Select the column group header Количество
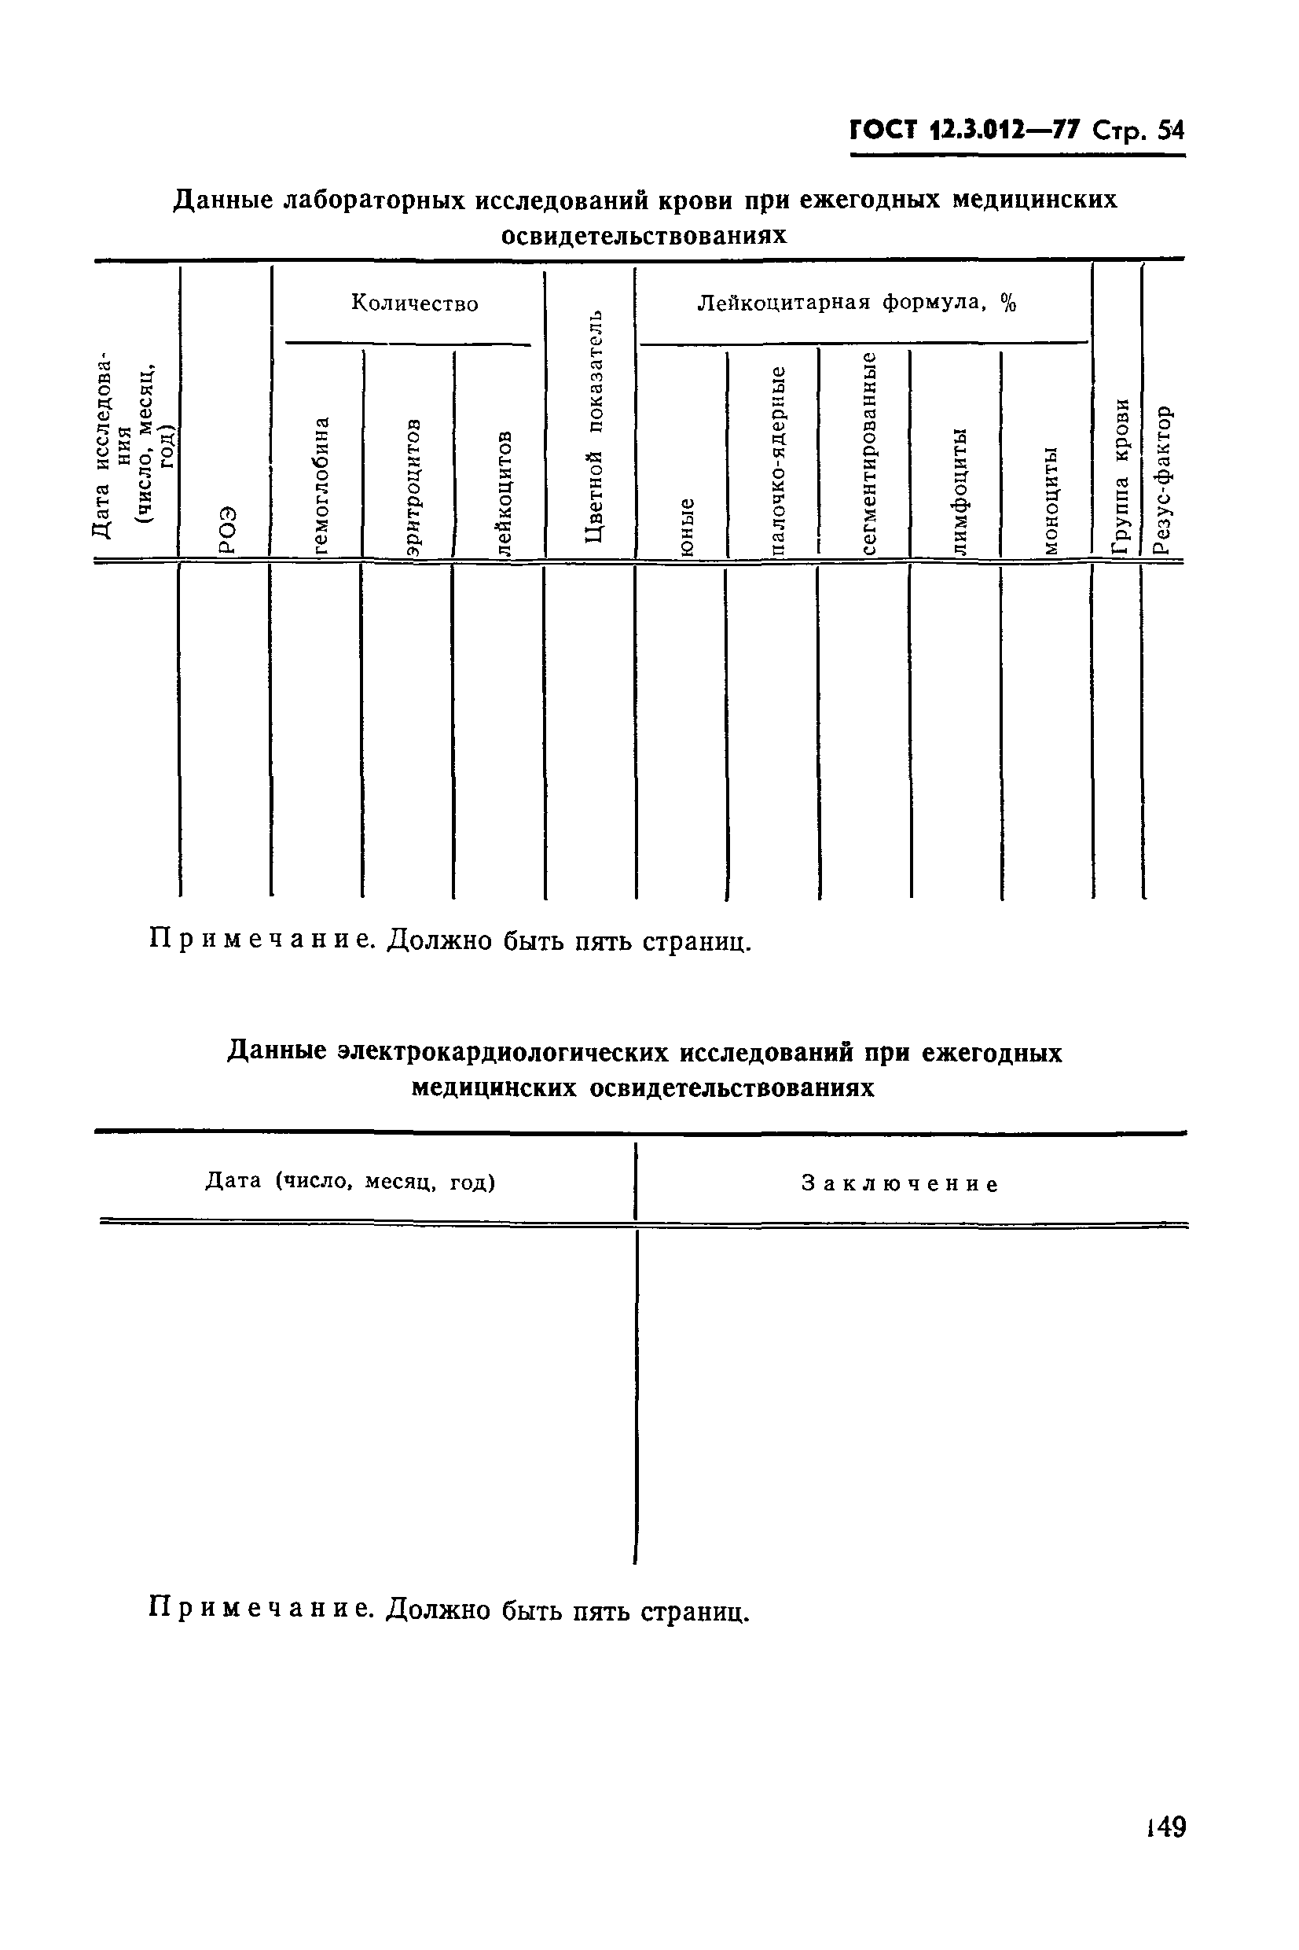click(414, 304)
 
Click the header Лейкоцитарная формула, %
click(857, 303)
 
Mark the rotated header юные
click(687, 525)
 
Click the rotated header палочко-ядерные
click(778, 459)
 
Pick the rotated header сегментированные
click(869, 452)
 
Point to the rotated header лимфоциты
click(960, 491)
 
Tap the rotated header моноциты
click(1051, 500)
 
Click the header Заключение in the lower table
click(900, 1184)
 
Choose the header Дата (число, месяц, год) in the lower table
click(350, 1181)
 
